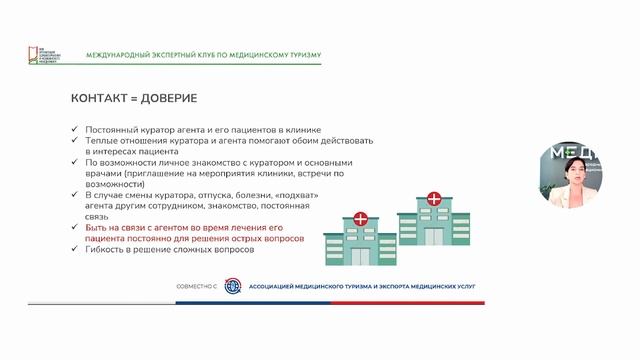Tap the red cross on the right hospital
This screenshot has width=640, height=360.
[432, 199]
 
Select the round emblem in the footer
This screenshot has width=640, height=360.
[233, 285]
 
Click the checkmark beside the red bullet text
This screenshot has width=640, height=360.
[76, 228]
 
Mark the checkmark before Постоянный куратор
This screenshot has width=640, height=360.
[76, 129]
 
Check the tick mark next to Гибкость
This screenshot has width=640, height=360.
[76, 250]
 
